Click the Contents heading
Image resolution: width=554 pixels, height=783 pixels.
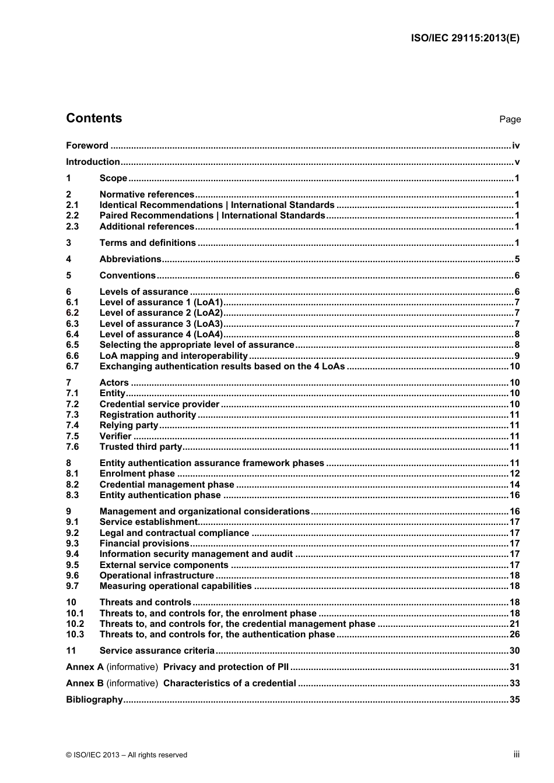click(x=94, y=118)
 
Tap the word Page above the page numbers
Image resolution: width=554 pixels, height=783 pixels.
click(x=510, y=119)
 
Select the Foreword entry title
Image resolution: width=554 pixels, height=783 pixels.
click(x=87, y=146)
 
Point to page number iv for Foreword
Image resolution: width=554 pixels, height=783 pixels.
click(x=516, y=146)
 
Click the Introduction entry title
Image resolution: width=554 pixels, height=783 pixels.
click(x=93, y=162)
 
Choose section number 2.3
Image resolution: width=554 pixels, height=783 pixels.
click(x=72, y=227)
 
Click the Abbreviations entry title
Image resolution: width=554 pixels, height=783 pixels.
click(x=130, y=259)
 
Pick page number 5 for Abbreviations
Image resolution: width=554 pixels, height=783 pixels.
click(x=517, y=259)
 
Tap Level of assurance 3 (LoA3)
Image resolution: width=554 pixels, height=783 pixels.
click(x=161, y=324)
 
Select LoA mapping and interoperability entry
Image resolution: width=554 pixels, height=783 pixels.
click(x=174, y=356)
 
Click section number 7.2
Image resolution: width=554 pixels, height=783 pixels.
click(x=72, y=404)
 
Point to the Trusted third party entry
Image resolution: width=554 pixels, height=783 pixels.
click(x=141, y=447)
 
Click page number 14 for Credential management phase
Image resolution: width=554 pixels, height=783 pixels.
click(x=514, y=485)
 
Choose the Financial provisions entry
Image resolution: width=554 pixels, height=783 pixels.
click(x=144, y=544)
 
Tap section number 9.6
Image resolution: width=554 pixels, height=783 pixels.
click(x=72, y=576)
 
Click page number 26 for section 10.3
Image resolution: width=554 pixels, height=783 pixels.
click(x=514, y=634)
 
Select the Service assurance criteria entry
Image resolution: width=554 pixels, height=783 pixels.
click(x=157, y=651)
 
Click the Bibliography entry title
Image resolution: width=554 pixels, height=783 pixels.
click(x=94, y=700)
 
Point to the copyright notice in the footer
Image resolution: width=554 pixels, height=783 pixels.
click(x=127, y=755)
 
